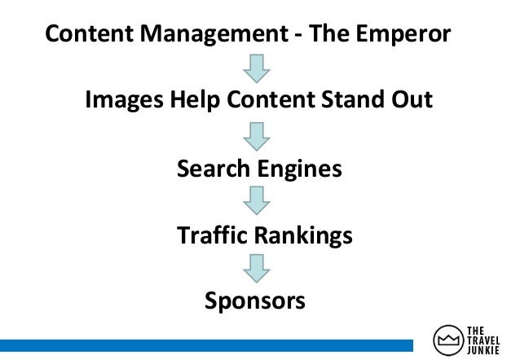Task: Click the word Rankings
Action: pos(302,236)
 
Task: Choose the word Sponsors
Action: pos(255,302)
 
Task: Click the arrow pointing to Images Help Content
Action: pos(258,68)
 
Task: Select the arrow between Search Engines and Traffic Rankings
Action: pos(258,201)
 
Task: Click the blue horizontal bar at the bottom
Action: pos(212,345)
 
